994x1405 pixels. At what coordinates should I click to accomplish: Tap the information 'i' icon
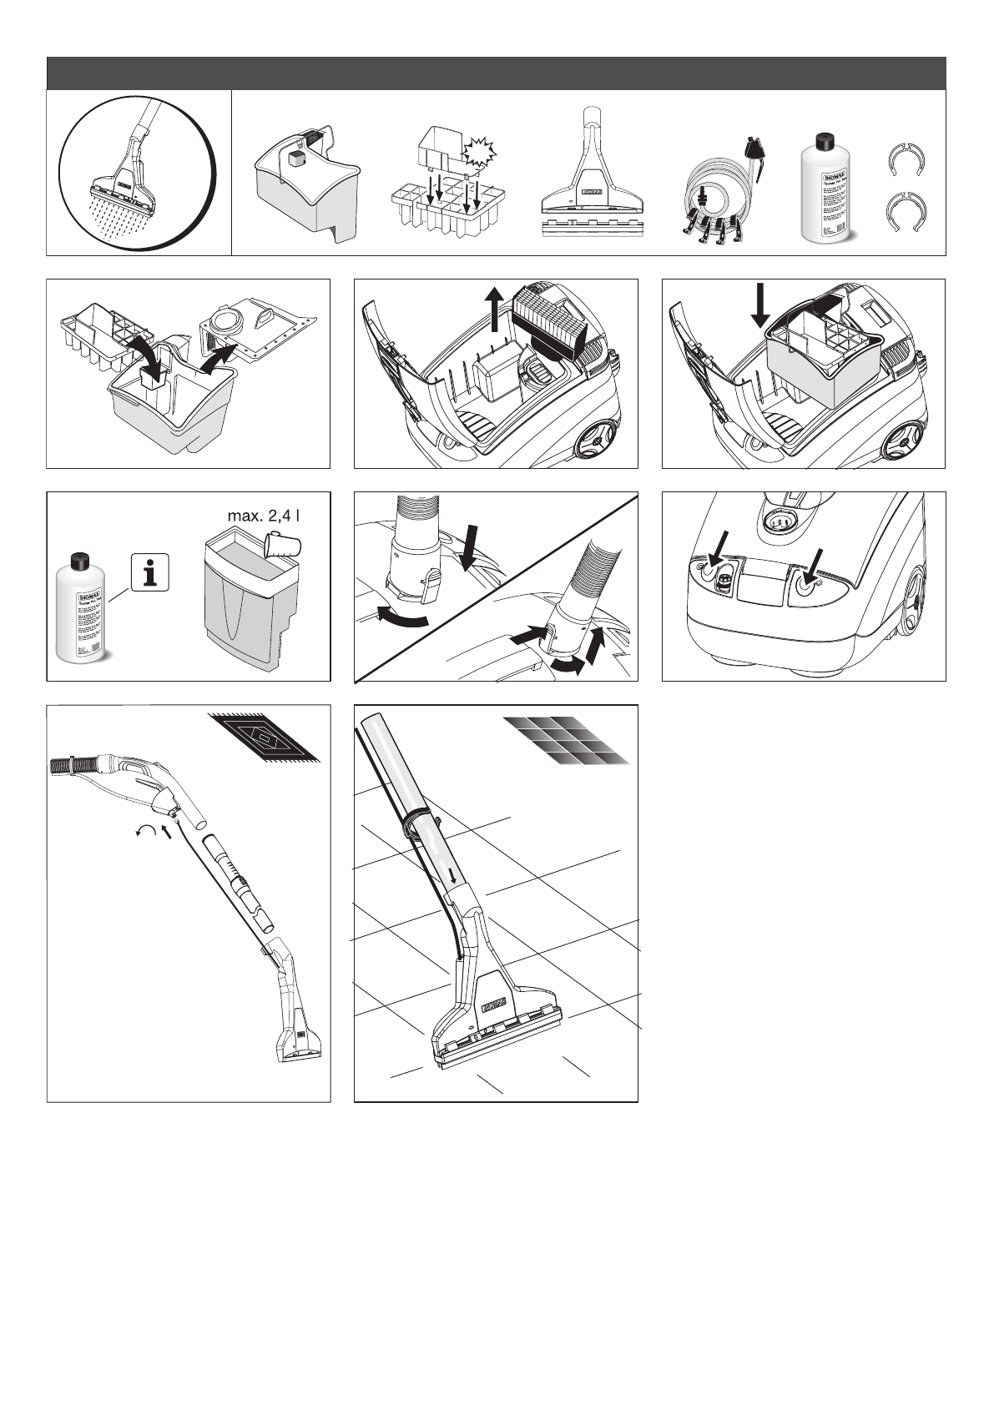coord(150,572)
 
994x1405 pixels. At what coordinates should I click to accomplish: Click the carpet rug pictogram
coord(264,737)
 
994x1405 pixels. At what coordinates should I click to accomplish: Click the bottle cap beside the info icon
coord(80,561)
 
